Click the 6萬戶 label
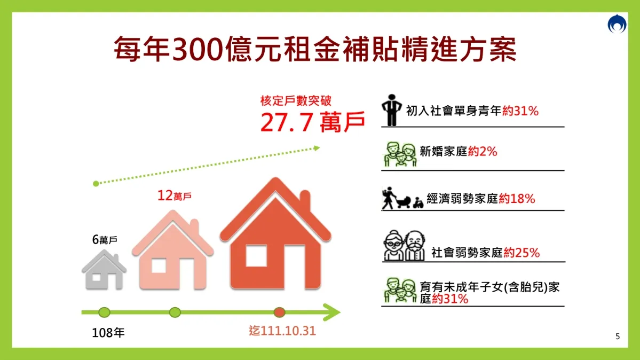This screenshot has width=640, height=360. tap(105, 240)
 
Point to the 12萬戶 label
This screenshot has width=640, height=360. tap(175, 195)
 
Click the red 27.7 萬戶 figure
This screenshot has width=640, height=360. tap(312, 122)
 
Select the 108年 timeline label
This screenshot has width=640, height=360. tap(108, 333)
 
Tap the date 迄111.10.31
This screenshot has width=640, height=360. tap(282, 331)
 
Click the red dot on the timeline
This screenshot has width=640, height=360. tap(279, 312)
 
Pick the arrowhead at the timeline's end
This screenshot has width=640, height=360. tap(333, 312)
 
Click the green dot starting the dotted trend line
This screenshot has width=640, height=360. tap(96, 184)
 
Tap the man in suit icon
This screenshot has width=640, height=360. tap(391, 110)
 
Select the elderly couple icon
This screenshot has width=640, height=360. tap(404, 245)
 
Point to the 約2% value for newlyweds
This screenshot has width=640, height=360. tap(483, 152)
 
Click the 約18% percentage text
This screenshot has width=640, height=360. tap(517, 199)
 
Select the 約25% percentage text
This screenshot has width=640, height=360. tap(522, 253)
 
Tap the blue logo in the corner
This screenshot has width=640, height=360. tap(617, 24)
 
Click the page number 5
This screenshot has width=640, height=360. tap(618, 336)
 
